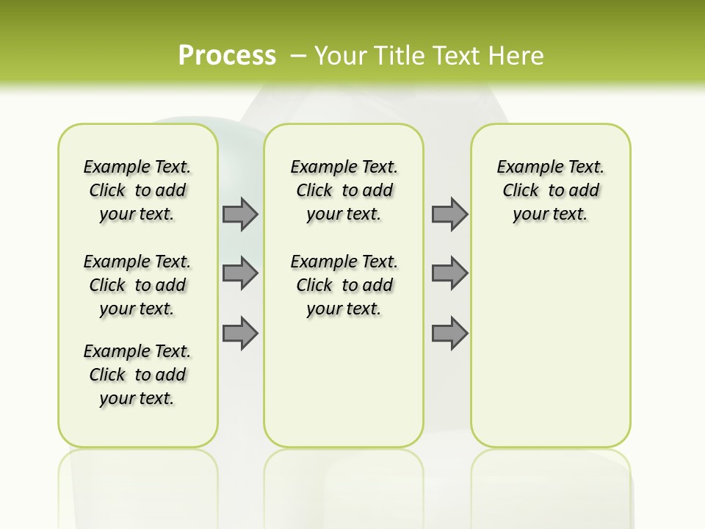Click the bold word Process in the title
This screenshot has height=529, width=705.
pyautogui.click(x=227, y=55)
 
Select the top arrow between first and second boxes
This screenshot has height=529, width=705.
pyautogui.click(x=240, y=214)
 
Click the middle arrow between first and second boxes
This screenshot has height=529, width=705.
pyautogui.click(x=240, y=273)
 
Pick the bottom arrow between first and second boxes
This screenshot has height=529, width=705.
pyautogui.click(x=240, y=333)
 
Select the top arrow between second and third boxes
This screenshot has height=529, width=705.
pyautogui.click(x=449, y=214)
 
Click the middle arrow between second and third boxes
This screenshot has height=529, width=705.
pyautogui.click(x=449, y=273)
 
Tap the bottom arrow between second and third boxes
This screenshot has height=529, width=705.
pyautogui.click(x=449, y=333)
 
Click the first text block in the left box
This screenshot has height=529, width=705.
pyautogui.click(x=137, y=190)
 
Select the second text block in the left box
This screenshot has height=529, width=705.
pyautogui.click(x=137, y=285)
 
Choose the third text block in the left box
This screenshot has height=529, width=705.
pyautogui.click(x=137, y=375)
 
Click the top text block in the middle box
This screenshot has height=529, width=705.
pyautogui.click(x=344, y=190)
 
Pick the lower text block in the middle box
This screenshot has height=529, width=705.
pyautogui.click(x=344, y=285)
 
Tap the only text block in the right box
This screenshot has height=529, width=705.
pyautogui.click(x=550, y=190)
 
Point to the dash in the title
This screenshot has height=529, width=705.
pyautogui.click(x=298, y=56)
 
